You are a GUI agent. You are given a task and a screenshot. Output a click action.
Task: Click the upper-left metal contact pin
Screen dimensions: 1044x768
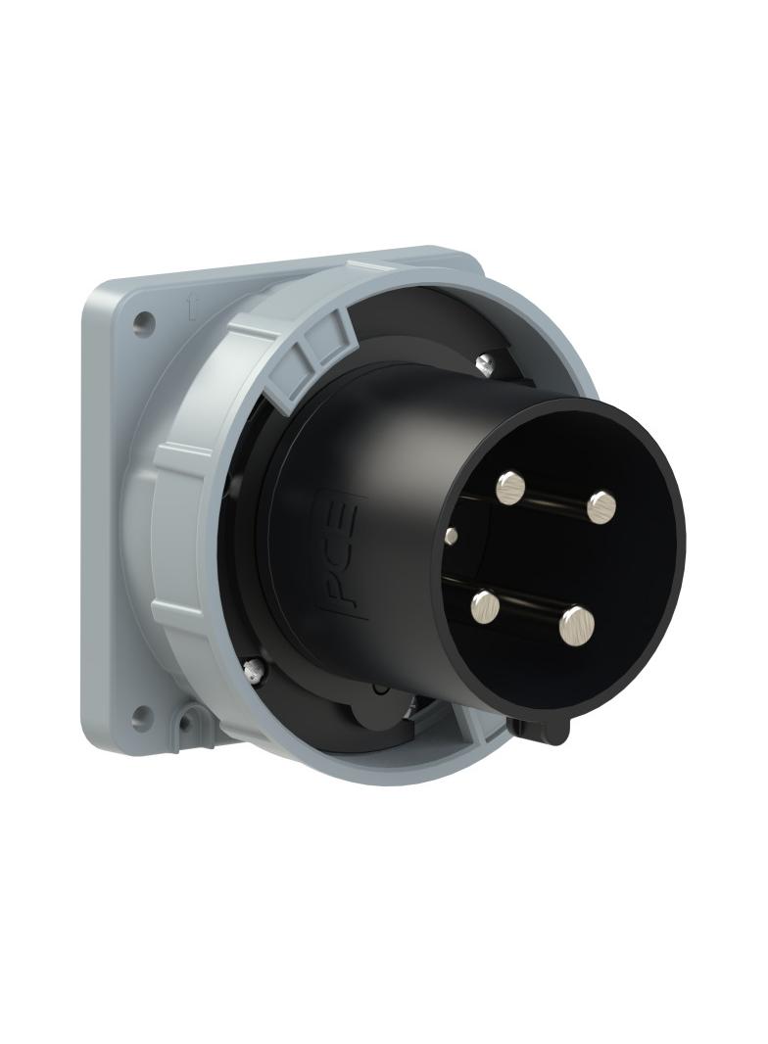510,487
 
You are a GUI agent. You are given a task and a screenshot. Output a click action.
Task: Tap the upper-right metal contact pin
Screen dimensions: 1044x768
601,506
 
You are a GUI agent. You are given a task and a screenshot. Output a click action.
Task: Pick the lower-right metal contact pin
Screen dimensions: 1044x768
578,625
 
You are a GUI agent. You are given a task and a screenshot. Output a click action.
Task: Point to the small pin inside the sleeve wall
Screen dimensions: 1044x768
451,536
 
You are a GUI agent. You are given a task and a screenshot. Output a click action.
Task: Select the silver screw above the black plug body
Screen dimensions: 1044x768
487,364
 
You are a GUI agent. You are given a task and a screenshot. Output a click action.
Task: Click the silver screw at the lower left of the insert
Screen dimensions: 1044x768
254,670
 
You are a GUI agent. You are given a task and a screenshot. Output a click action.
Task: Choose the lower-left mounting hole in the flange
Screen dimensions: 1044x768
142,713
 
